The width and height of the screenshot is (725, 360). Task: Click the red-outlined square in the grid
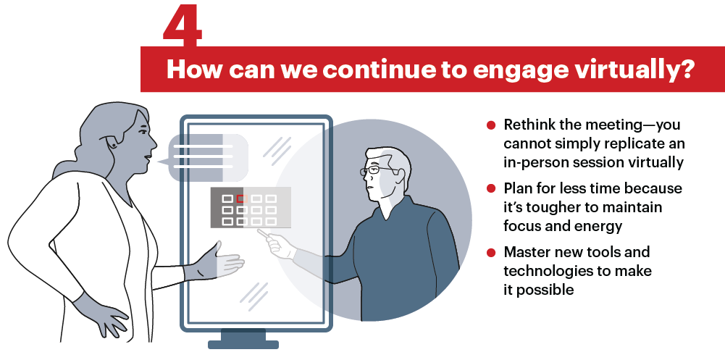point(240,198)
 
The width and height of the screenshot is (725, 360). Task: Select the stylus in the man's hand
point(266,234)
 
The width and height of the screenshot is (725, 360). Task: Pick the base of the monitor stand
point(243,344)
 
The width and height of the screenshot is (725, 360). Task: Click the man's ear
point(401,175)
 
